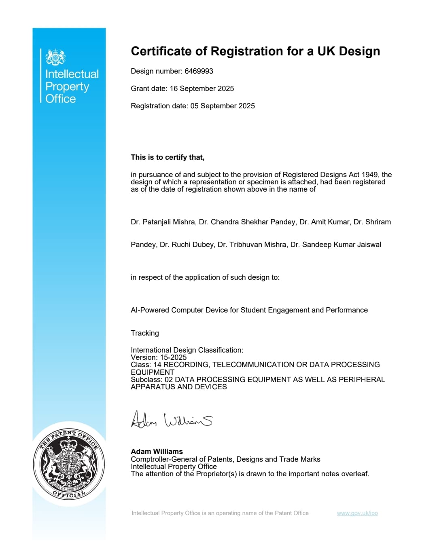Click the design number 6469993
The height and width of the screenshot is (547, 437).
click(x=199, y=71)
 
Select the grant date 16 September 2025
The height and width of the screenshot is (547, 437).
click(x=202, y=89)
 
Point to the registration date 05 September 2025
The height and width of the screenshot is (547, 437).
click(x=223, y=106)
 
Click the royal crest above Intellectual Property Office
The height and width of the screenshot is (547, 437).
click(x=55, y=57)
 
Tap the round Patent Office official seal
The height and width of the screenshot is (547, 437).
click(x=69, y=464)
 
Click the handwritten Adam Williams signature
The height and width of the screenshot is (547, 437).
click(x=172, y=420)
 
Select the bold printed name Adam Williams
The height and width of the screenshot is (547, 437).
click(x=157, y=452)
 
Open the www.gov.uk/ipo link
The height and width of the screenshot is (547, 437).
click(x=357, y=513)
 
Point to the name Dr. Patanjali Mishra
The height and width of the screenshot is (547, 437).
click(x=163, y=222)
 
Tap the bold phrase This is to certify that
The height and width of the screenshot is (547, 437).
click(x=168, y=157)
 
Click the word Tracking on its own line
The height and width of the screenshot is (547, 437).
click(x=145, y=333)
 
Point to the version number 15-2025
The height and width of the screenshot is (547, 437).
click(x=173, y=357)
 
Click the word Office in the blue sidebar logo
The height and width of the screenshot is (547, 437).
click(x=61, y=99)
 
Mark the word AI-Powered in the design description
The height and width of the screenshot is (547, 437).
click(x=150, y=310)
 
